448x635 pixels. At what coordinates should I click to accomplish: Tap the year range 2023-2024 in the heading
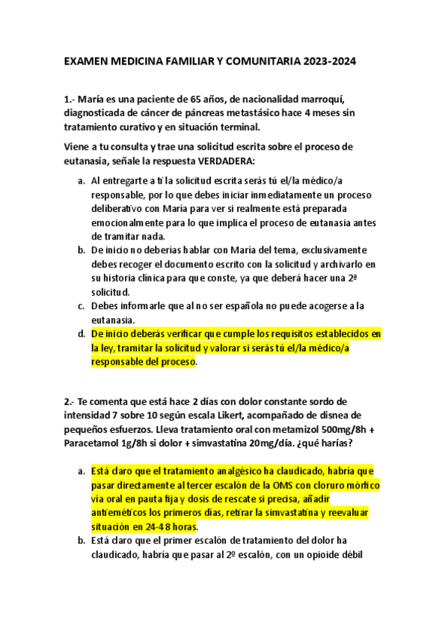pos(331,64)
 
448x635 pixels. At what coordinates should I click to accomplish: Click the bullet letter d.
pos(81,333)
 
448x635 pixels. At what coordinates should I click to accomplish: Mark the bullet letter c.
pos(81,306)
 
